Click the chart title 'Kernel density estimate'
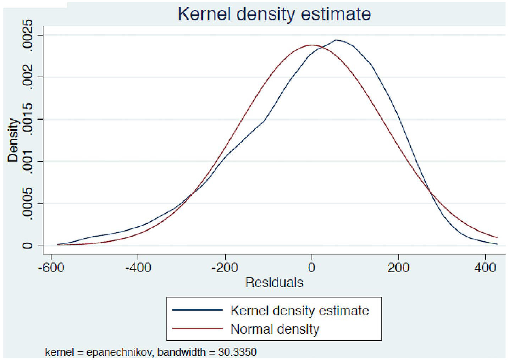pos(274,14)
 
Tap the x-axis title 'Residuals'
pos(274,282)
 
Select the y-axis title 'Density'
pos(13,140)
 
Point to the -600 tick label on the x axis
pos(51,267)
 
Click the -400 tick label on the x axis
pos(138,267)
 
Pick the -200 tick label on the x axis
pos(225,267)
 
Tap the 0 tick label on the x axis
pos(312,267)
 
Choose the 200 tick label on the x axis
pos(398,267)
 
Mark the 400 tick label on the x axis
pos(485,267)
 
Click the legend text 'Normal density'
pos(275,329)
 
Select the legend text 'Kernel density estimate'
pos(300,311)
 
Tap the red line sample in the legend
pos(197,329)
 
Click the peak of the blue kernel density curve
pos(336,40)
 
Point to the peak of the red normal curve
pos(312,45)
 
